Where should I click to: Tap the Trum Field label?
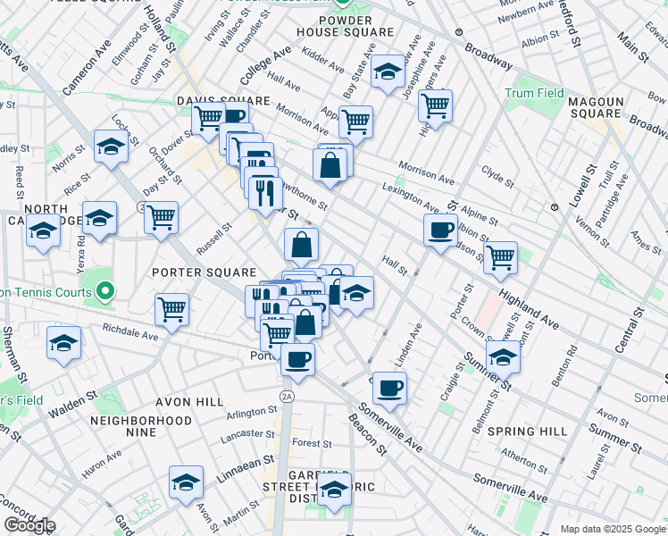coord(534,93)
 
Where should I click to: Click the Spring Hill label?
coord(528,431)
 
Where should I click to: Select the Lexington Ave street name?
coord(411,198)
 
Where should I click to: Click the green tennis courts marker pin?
coord(104,291)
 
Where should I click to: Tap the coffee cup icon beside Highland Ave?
coord(440,230)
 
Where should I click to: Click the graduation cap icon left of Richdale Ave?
coord(63,343)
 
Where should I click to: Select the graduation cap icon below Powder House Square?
coord(388,73)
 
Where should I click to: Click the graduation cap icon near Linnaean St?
coord(186,482)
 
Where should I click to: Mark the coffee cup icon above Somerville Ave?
coord(389,388)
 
